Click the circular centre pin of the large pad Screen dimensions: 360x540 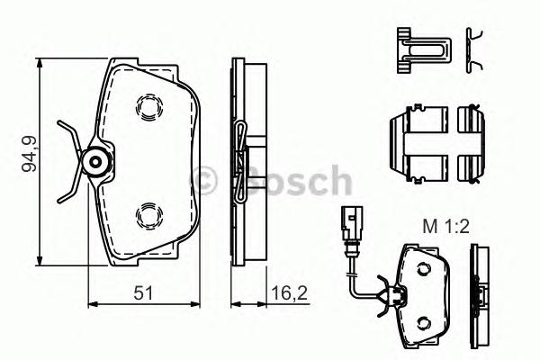pyautogui.click(x=95, y=161)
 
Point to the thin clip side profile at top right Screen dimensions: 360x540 pyautogui.click(x=474, y=49)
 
